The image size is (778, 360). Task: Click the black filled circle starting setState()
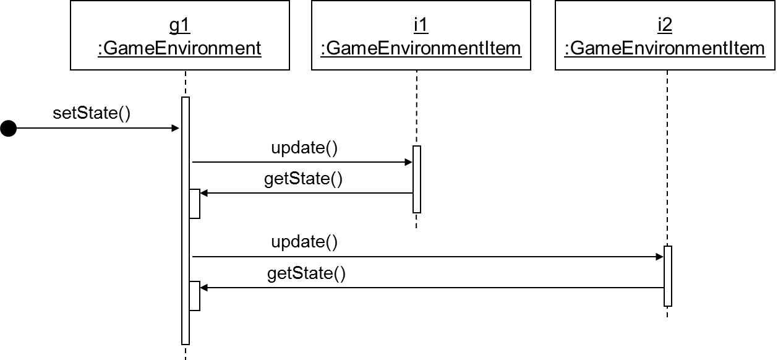click(x=8, y=128)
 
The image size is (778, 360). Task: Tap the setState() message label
click(x=92, y=114)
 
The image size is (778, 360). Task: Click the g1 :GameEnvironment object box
click(x=179, y=35)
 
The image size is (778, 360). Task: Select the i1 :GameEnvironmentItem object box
click(x=421, y=35)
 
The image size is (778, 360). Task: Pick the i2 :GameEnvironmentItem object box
click(x=665, y=35)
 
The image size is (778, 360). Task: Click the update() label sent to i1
click(x=304, y=148)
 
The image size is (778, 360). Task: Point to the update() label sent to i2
click(x=304, y=242)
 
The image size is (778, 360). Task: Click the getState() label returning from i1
click(x=303, y=179)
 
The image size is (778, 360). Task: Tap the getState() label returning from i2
click(x=306, y=273)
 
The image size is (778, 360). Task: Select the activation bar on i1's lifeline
click(x=417, y=179)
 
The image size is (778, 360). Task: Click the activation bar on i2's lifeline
click(x=668, y=276)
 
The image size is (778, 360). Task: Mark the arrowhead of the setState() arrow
click(x=175, y=128)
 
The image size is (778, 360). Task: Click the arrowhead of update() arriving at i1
click(x=408, y=162)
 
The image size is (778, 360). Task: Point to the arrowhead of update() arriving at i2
click(x=659, y=257)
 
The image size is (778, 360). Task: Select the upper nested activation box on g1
click(x=195, y=204)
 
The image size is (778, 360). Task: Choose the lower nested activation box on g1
click(x=195, y=296)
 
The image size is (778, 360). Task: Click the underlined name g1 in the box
click(x=179, y=25)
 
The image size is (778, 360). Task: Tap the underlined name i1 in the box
click(x=421, y=25)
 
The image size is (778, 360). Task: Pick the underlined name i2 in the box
click(x=665, y=25)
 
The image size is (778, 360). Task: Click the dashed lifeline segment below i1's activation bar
click(x=417, y=221)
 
